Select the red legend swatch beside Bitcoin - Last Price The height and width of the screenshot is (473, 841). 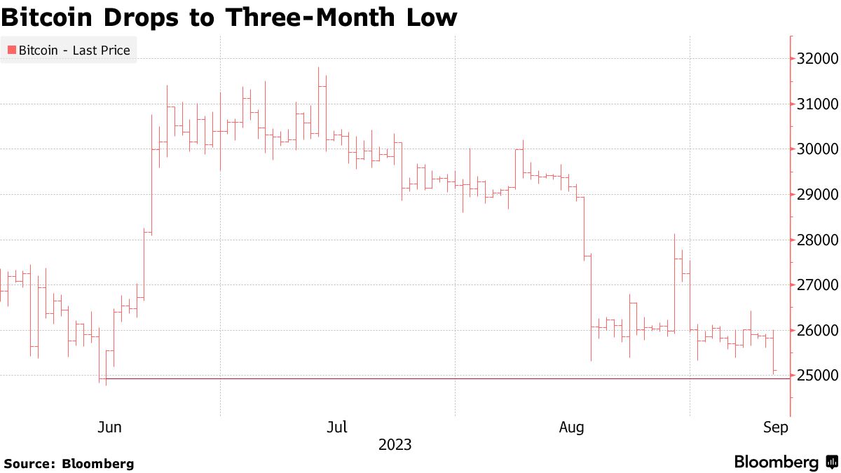point(11,50)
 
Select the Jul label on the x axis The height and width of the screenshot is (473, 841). point(339,427)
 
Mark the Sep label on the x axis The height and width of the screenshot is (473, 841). point(775,427)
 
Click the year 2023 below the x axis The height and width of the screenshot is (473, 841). point(395,445)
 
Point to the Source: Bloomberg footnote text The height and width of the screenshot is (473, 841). point(69,463)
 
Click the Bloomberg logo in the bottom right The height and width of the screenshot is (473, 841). point(785,462)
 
